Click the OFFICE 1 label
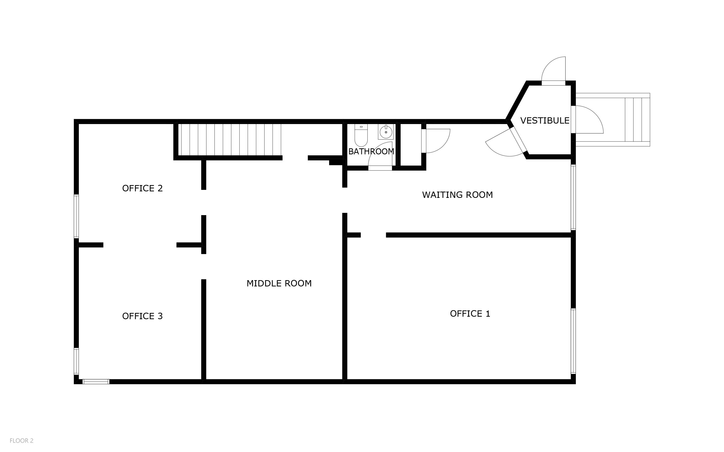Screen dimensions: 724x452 point(470,314)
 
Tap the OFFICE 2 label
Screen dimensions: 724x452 point(142,188)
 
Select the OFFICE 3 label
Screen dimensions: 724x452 point(142,316)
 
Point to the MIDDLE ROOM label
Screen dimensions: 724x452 point(279,283)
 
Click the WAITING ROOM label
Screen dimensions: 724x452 point(457,195)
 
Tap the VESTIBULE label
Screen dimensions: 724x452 point(545,121)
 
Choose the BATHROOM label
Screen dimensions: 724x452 point(371,152)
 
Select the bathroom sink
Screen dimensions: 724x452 point(386,132)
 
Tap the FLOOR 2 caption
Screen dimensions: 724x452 point(22,441)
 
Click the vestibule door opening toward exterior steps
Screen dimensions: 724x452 point(588,120)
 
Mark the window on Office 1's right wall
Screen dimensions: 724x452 point(573,341)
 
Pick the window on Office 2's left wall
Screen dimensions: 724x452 point(76,216)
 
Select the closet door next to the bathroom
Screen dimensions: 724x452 point(436,141)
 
